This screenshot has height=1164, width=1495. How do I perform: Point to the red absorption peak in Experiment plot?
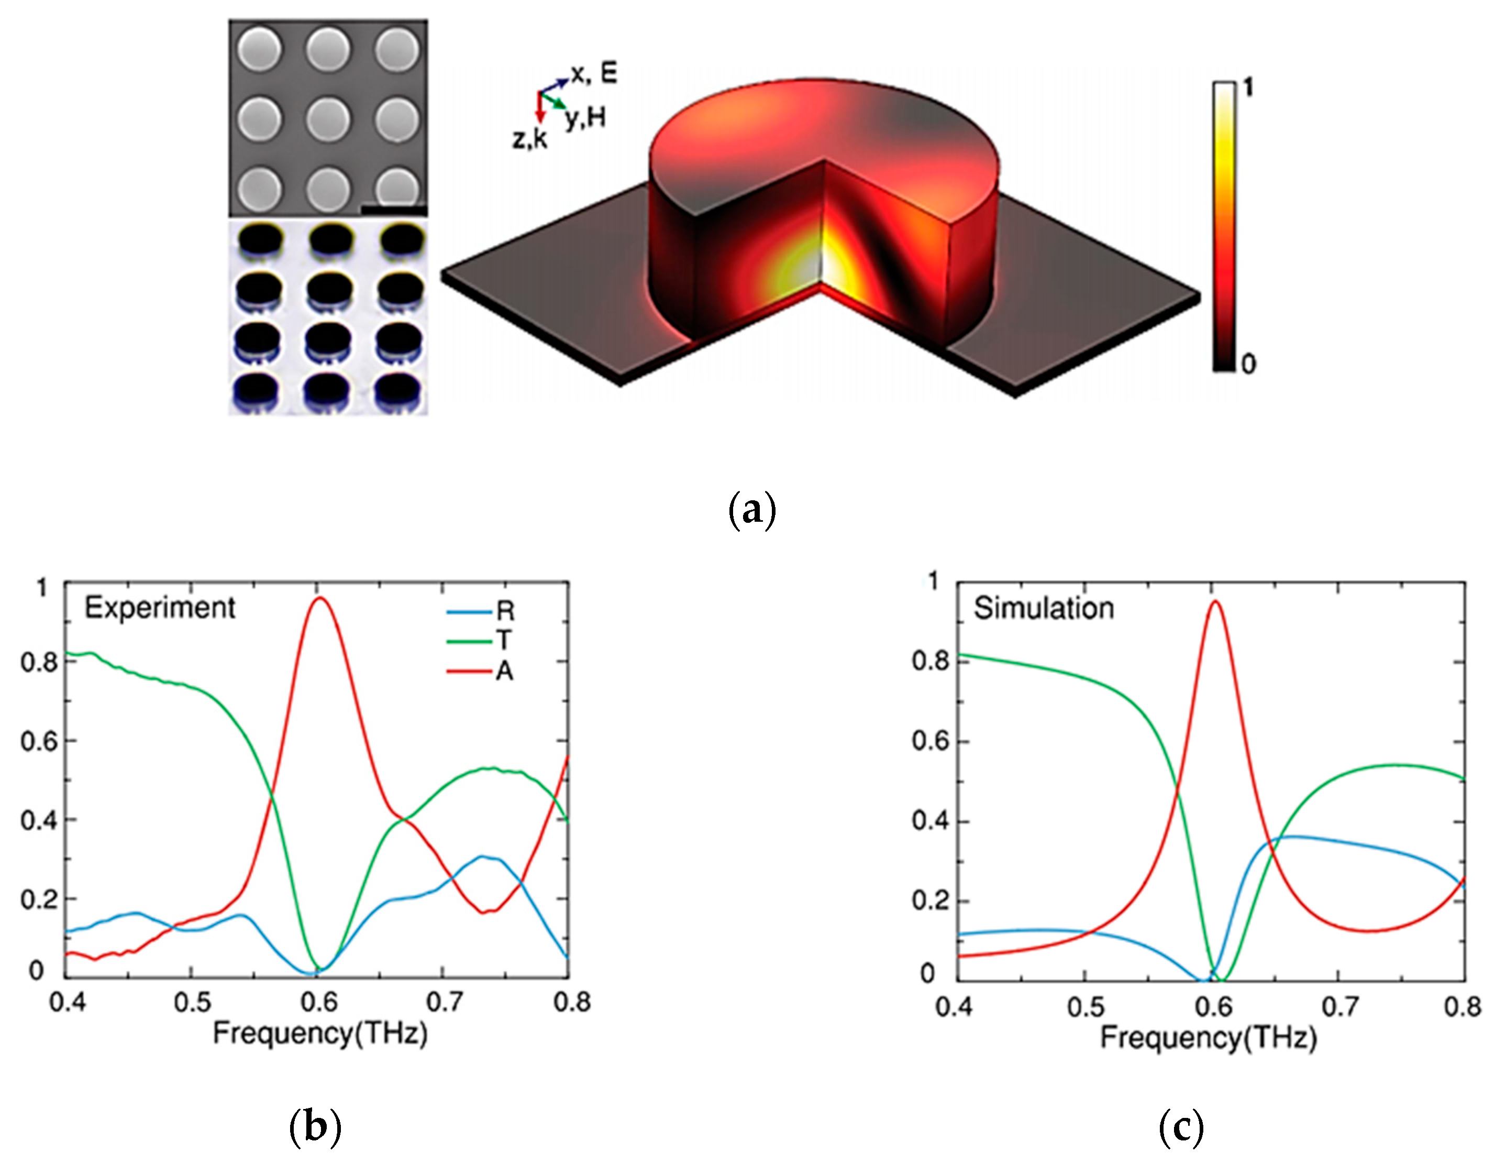[x=319, y=598]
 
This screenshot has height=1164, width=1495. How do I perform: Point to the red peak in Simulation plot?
[x=1215, y=602]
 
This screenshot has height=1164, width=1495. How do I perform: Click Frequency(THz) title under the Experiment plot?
[x=319, y=1033]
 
